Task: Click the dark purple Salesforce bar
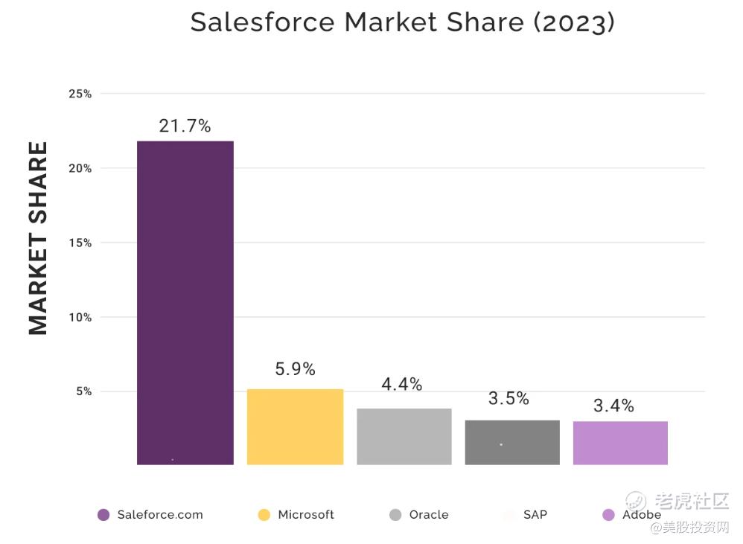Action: coord(185,302)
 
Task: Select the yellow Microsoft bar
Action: coord(295,426)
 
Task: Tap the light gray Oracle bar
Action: coord(404,436)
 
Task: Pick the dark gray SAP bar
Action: coord(512,442)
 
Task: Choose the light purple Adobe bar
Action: coord(620,443)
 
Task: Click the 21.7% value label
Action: coord(185,126)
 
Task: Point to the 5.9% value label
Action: coord(295,368)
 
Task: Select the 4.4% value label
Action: coord(402,384)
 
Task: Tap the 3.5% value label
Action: coord(508,398)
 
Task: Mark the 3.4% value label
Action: coord(613,406)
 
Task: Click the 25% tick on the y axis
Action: coord(80,94)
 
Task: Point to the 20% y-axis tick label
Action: coord(80,168)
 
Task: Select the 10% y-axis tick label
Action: coord(80,317)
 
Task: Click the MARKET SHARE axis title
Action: coord(38,238)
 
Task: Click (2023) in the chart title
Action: coord(573,22)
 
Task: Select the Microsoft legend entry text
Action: coord(306,514)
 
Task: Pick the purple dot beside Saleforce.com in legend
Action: coord(103,515)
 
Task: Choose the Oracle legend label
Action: coord(429,514)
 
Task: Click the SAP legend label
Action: coord(535,514)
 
